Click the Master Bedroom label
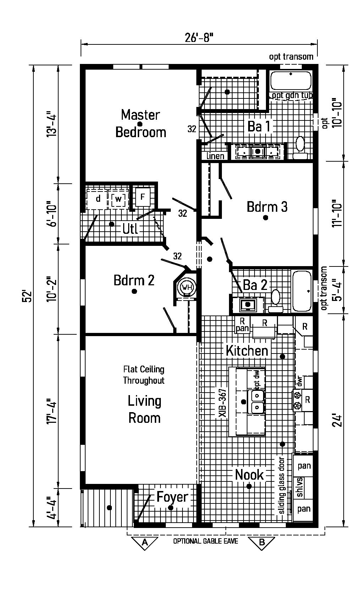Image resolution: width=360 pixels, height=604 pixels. (141, 123)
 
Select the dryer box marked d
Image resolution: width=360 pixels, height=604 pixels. (98, 199)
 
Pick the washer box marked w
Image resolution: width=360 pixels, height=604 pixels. (118, 199)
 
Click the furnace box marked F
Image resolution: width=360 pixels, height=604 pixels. (142, 196)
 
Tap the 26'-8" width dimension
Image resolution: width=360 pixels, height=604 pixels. (199, 37)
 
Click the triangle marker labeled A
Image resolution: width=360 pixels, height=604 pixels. (144, 542)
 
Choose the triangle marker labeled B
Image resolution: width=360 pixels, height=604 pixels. (262, 542)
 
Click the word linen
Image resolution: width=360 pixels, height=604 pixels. (215, 156)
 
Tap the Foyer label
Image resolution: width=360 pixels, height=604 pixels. (172, 497)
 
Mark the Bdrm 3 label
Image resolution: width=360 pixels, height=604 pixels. (267, 206)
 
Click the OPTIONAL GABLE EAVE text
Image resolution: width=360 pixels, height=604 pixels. (206, 541)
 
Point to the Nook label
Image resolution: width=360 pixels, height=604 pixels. (250, 475)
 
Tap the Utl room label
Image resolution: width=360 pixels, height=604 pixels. (130, 229)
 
